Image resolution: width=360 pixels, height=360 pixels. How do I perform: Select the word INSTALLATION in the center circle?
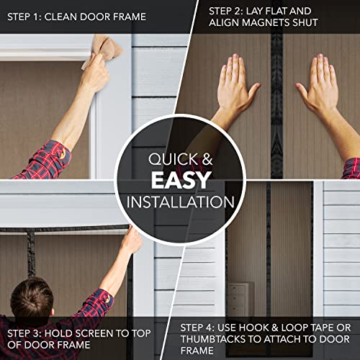pyautogui.click(x=179, y=199)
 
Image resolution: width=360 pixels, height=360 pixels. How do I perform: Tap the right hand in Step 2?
pyautogui.click(x=322, y=86)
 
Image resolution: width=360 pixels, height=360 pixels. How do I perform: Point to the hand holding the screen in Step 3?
pyautogui.click(x=130, y=241)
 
